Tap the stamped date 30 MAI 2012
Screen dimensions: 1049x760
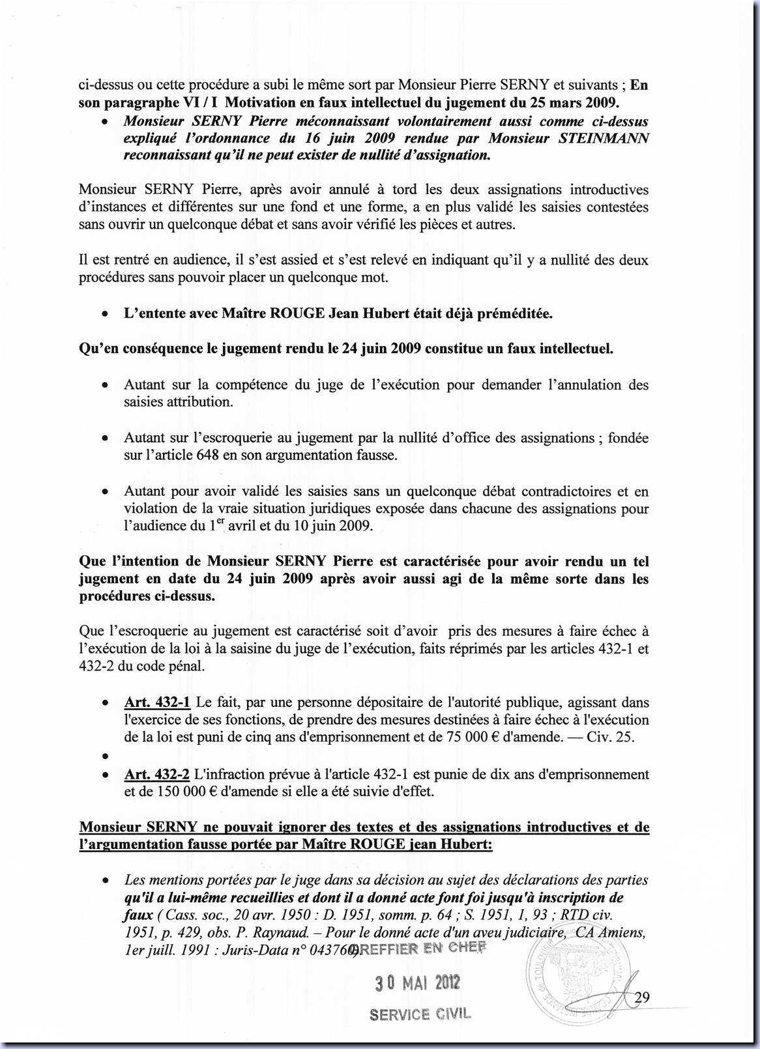[417, 983]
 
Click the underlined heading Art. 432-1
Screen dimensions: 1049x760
[157, 702]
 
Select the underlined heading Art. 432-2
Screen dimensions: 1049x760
[157, 775]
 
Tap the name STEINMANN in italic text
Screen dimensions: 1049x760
[604, 139]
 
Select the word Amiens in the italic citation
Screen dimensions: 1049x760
[622, 932]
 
